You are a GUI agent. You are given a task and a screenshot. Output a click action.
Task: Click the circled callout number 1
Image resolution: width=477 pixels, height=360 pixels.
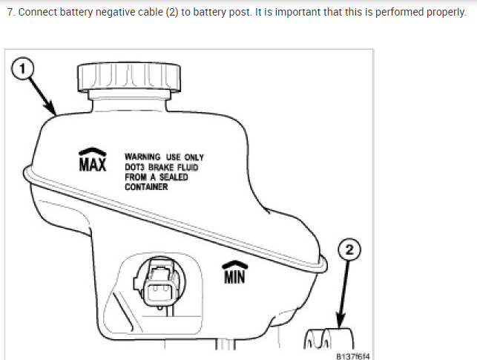[22, 69]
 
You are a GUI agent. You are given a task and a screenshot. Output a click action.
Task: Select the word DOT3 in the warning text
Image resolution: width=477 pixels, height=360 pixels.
[136, 168]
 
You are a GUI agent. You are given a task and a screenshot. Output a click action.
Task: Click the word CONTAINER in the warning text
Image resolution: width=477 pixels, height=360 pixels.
[146, 187]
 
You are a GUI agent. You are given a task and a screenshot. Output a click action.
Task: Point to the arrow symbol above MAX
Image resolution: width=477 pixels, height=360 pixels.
[92, 151]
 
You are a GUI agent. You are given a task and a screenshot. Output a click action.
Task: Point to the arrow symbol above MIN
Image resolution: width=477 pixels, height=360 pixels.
[234, 264]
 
